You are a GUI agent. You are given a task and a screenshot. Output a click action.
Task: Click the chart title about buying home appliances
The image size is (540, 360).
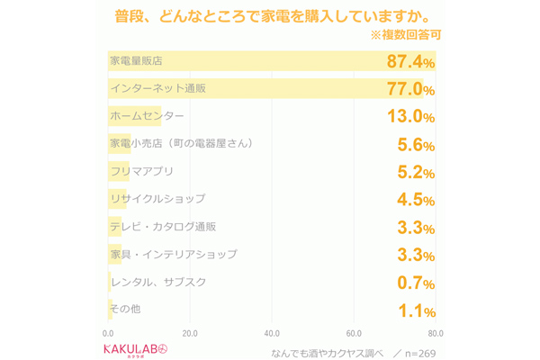click(271, 16)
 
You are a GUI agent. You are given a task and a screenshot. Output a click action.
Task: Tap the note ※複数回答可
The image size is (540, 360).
click(405, 36)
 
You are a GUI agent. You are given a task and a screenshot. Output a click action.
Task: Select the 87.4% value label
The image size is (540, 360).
click(410, 62)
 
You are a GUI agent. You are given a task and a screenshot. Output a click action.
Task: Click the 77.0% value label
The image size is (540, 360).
click(410, 90)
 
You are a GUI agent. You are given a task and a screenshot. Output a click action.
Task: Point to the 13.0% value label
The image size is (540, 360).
click(410, 117)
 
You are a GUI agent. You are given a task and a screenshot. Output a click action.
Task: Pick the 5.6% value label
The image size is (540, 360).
click(416, 145)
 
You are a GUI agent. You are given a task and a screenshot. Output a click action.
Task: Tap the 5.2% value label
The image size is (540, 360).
click(416, 173)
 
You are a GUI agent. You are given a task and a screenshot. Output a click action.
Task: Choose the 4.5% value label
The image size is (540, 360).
click(416, 201)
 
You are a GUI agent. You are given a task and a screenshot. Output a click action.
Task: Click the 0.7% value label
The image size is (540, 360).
click(416, 283)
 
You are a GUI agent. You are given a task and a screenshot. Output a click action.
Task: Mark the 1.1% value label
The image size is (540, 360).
click(416, 311)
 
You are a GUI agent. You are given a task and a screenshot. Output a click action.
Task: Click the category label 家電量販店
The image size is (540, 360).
click(136, 61)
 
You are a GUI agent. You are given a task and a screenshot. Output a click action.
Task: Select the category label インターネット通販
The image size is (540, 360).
click(157, 88)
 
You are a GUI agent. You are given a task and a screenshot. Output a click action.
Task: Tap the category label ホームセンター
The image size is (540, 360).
click(147, 116)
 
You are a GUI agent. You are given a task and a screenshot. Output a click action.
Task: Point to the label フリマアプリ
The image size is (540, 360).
click(141, 171)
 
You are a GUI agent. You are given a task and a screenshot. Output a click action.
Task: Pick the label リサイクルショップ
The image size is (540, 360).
click(157, 199)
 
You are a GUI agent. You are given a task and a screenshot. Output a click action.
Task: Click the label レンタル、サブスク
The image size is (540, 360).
click(157, 282)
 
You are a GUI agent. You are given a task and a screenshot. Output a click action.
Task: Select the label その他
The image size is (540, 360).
click(124, 309)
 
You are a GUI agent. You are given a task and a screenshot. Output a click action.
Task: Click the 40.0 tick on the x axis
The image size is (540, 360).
click(272, 333)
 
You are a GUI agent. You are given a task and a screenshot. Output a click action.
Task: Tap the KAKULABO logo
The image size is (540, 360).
click(136, 348)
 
